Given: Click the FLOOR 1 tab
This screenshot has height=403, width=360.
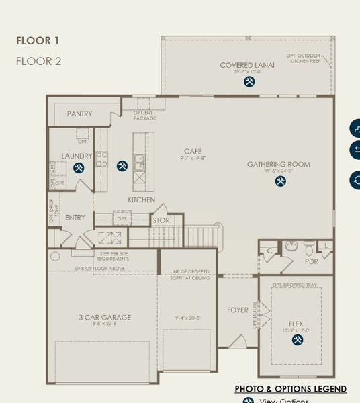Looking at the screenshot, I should point(38,41).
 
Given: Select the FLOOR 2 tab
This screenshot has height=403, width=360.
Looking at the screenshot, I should point(39,61).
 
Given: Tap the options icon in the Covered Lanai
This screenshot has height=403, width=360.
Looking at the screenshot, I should point(249,81).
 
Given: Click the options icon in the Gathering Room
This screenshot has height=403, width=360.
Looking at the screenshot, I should point(280,180).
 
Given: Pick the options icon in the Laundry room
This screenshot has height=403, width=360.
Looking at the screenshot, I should point(79,168).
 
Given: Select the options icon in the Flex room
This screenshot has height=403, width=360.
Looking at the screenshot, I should point(297,340).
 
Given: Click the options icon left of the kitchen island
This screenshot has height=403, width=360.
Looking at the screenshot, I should point(122,166).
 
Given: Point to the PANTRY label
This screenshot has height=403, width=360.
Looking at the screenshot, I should point(80,114).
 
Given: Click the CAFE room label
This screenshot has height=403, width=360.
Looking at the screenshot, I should point(193,152).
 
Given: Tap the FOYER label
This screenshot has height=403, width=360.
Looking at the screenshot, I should point(237,310).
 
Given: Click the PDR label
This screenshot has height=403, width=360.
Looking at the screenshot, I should point(311,261).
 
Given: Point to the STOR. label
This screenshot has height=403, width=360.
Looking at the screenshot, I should point(162,220).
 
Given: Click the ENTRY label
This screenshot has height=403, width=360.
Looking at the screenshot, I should point(75,218).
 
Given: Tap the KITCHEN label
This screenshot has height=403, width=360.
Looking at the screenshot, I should point(141,200).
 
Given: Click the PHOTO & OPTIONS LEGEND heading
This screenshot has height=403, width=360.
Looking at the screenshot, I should point(290,389).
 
